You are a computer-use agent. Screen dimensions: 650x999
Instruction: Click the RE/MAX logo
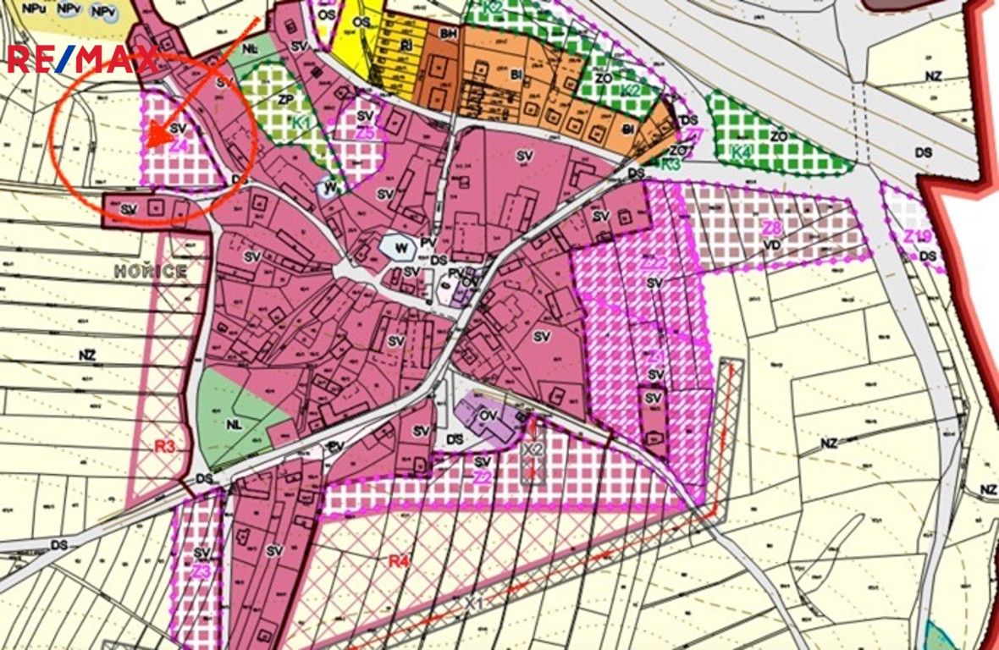[x=82, y=59]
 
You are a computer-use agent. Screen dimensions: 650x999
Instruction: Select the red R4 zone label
[x=399, y=559]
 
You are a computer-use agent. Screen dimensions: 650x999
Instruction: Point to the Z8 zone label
[x=770, y=228]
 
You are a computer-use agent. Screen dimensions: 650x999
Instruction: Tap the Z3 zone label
[x=200, y=571]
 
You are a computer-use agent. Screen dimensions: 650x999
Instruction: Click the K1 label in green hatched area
[x=302, y=122]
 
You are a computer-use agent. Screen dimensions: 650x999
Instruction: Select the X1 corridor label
[x=475, y=604]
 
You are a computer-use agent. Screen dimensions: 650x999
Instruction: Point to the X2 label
[x=533, y=448]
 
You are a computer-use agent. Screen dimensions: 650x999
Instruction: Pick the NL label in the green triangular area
[x=234, y=425]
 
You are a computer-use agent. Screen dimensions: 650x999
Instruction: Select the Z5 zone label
[x=365, y=133]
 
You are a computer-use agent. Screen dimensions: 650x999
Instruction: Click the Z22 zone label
[x=654, y=263]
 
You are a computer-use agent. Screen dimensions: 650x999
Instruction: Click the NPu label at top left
[x=35, y=8]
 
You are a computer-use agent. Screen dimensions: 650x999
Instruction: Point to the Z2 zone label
[x=482, y=477]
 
